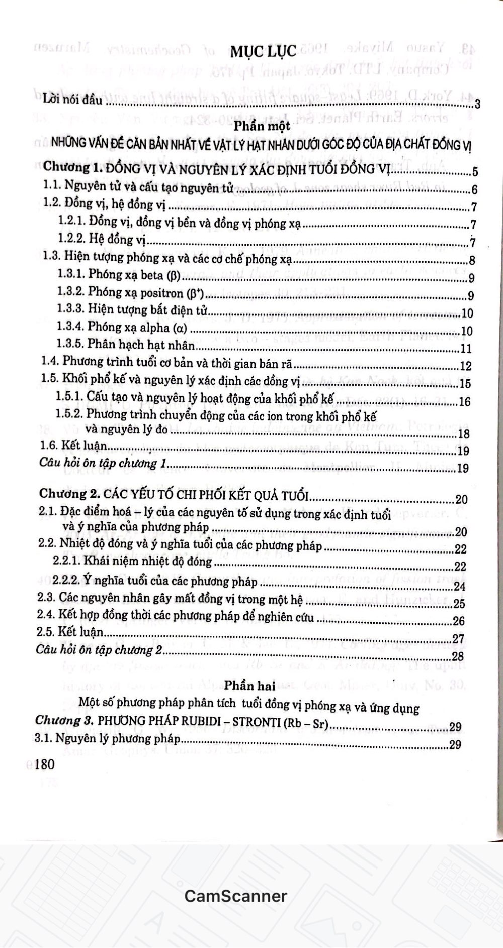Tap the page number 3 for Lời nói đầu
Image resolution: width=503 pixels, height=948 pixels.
click(x=477, y=104)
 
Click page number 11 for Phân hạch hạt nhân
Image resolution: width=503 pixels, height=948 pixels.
click(x=465, y=349)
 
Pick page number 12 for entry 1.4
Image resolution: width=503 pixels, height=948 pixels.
click(x=465, y=366)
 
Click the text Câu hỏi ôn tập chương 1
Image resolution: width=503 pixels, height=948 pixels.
click(x=103, y=463)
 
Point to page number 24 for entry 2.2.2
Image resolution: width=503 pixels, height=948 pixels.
click(x=459, y=586)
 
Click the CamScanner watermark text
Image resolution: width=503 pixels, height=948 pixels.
click(x=235, y=896)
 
